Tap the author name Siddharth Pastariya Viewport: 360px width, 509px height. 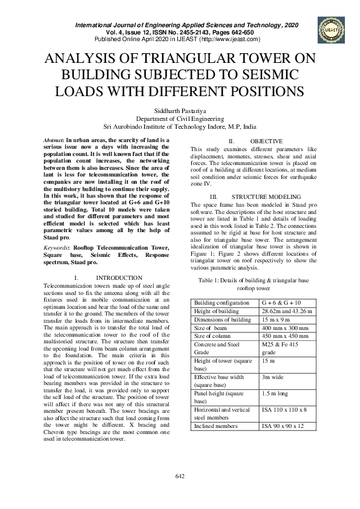click(180, 111)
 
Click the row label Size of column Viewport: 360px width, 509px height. click(214, 336)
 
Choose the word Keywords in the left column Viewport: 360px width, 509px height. click(56, 247)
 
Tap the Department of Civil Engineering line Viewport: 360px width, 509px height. click(180, 119)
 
